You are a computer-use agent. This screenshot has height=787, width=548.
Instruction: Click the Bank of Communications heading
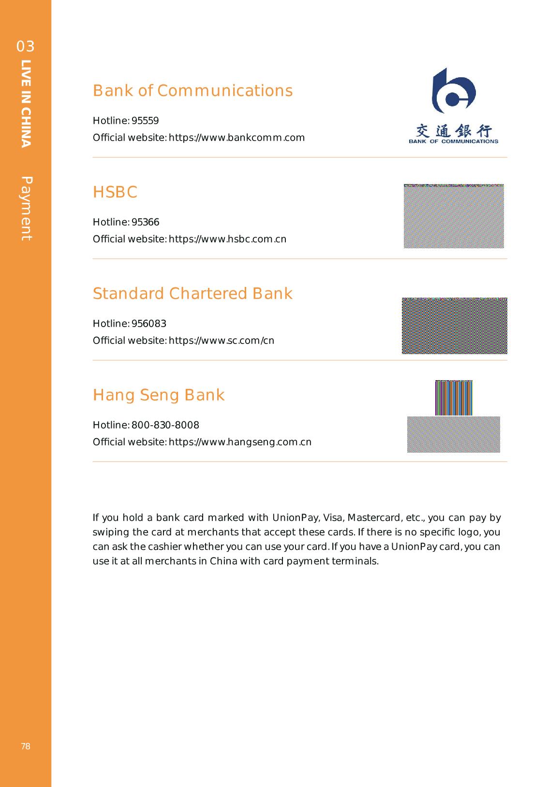coord(193,91)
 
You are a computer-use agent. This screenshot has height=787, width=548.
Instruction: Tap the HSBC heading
coord(115,192)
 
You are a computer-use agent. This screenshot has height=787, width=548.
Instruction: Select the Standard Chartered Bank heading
coord(193,294)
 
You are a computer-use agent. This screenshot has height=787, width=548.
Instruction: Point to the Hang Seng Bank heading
coord(159,395)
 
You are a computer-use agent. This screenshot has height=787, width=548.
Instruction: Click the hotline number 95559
coord(145,121)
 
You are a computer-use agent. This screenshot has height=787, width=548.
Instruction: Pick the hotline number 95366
coord(145,222)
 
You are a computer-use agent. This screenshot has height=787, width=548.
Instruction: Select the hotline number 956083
coord(149,324)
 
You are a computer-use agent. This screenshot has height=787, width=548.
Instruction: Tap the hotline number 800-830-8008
coord(165,425)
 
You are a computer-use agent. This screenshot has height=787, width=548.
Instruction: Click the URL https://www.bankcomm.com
coord(237,138)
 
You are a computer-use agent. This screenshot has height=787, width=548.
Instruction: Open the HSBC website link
coord(227,239)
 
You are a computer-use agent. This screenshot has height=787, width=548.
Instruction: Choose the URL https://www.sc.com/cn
coord(221,341)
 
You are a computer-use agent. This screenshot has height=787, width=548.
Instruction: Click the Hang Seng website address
coord(240,442)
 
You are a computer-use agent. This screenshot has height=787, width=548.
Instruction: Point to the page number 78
coord(26,746)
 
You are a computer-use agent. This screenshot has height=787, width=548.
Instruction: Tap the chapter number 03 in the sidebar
coord(26,46)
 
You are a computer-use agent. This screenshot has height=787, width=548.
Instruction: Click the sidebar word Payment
coord(26,209)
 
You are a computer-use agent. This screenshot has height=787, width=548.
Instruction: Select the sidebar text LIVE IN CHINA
coord(26,103)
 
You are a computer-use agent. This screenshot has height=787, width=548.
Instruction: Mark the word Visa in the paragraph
coord(333,518)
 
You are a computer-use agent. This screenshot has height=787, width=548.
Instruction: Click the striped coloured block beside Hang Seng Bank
coord(454,398)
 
